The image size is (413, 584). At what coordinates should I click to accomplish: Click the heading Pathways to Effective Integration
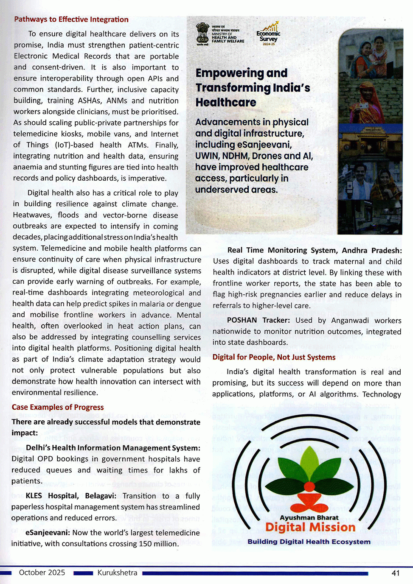(x=71, y=20)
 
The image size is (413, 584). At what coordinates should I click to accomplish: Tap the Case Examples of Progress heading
(x=58, y=407)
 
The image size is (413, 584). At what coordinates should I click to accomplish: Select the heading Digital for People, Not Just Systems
(x=274, y=357)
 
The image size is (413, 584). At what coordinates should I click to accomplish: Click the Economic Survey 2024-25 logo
(x=268, y=34)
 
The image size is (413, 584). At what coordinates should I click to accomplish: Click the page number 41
(x=395, y=573)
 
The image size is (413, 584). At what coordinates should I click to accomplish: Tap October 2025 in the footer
(x=42, y=573)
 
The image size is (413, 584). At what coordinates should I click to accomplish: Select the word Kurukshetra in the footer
(x=117, y=573)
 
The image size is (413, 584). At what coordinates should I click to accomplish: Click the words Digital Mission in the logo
(x=310, y=527)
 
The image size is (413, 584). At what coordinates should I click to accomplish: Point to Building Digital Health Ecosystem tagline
(x=309, y=542)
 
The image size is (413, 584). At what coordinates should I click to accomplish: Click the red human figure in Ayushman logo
(x=309, y=496)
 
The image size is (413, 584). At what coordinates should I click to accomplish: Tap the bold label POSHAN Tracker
(x=258, y=320)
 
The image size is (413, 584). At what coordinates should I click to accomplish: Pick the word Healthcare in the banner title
(x=226, y=102)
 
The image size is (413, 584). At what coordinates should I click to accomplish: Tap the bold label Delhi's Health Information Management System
(x=113, y=448)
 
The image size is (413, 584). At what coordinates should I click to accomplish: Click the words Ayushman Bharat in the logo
(x=309, y=517)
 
